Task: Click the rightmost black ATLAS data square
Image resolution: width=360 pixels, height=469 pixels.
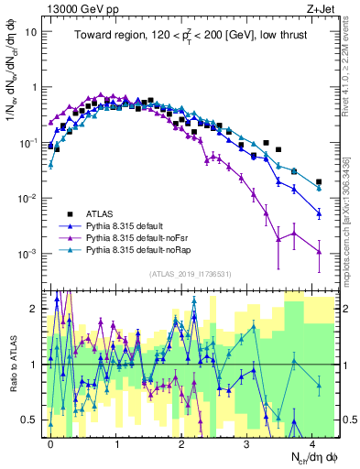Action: [318, 182]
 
